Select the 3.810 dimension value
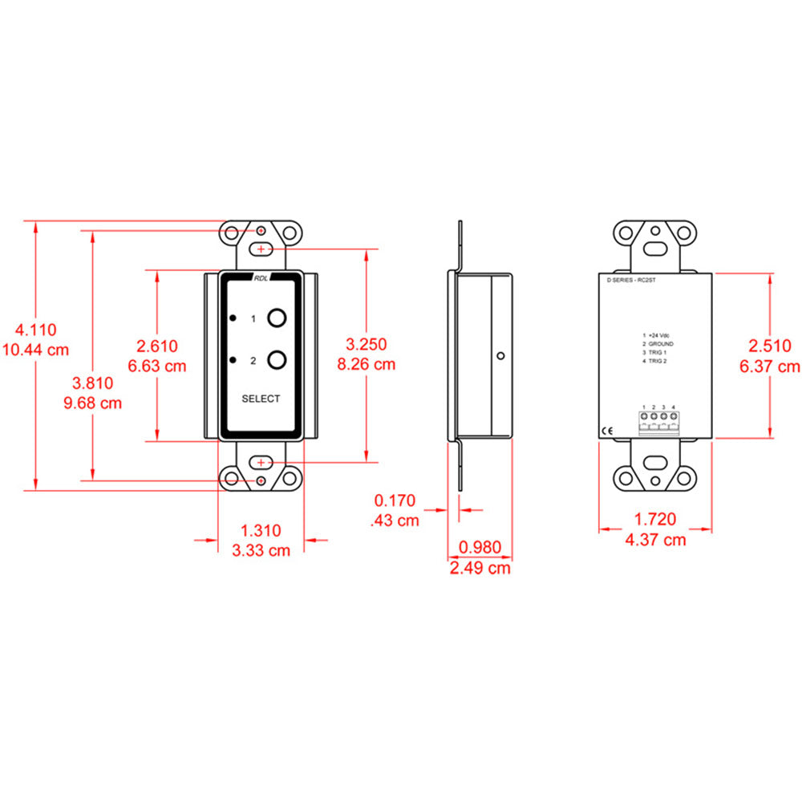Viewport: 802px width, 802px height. [x=92, y=383]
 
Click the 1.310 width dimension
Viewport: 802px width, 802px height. [x=261, y=530]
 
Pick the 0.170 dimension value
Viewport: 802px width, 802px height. [x=395, y=501]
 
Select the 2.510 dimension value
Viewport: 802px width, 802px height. [x=770, y=346]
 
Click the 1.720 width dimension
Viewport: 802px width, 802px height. [x=655, y=519]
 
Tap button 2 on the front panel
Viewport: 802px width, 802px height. [x=277, y=359]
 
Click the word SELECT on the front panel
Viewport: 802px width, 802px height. [x=261, y=399]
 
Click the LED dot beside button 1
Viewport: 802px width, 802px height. [x=233, y=318]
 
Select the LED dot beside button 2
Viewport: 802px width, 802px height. [x=233, y=359]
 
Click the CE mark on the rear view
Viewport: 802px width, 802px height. [x=610, y=431]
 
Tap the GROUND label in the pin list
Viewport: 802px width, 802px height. [x=660, y=343]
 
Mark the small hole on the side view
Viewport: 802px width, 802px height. [x=500, y=355]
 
